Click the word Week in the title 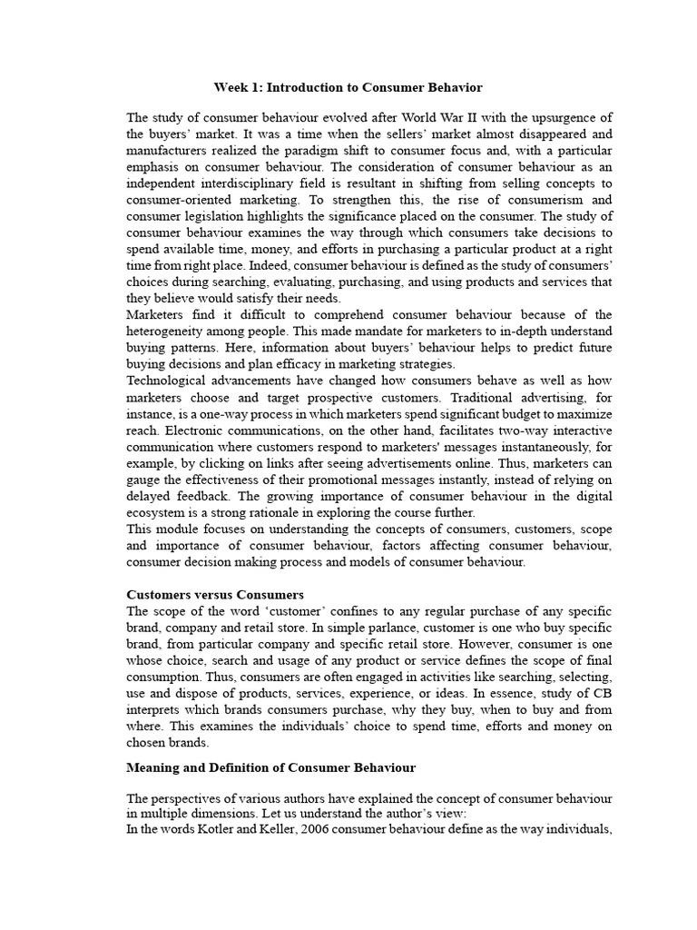click(230, 88)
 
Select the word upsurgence click(564, 118)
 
